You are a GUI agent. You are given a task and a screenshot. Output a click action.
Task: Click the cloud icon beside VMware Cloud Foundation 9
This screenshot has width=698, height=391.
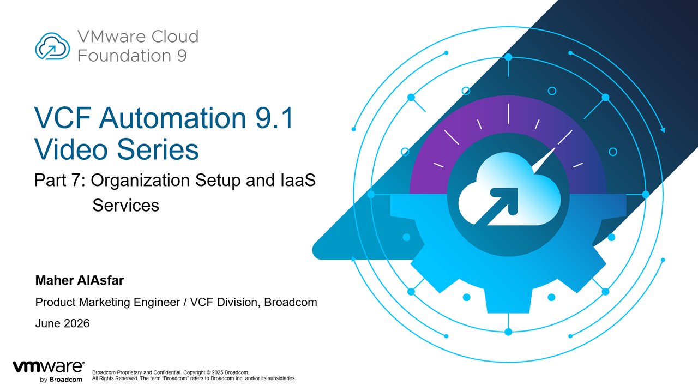point(52,46)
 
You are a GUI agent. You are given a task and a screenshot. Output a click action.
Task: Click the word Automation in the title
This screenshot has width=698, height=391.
point(173,118)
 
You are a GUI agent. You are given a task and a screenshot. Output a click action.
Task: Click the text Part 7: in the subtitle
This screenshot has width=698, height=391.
point(60,180)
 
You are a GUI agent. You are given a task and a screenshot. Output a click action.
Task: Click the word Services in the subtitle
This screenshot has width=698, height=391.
point(125,205)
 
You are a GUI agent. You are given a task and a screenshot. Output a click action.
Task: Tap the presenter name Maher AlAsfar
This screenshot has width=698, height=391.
point(80,280)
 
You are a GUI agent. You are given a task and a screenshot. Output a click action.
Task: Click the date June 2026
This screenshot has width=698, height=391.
point(62,323)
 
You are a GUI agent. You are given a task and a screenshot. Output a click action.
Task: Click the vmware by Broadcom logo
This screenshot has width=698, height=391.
point(49,371)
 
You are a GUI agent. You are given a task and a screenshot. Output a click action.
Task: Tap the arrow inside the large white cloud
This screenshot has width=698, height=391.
point(497,206)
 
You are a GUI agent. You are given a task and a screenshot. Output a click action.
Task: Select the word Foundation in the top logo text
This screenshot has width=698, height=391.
point(124,56)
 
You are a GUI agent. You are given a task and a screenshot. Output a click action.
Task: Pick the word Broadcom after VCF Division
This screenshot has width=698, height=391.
point(291,302)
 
